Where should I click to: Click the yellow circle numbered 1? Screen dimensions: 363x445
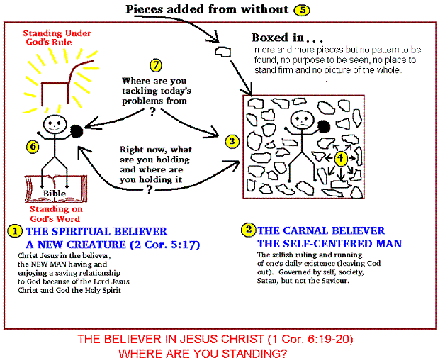point(13,232)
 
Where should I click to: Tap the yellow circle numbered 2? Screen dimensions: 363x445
point(248,230)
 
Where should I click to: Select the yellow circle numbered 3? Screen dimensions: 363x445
point(231,141)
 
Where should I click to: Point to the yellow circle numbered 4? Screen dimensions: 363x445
point(341,157)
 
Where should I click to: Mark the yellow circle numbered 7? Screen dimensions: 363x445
point(156,65)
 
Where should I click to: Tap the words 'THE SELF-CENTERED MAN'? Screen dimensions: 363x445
point(329,244)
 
